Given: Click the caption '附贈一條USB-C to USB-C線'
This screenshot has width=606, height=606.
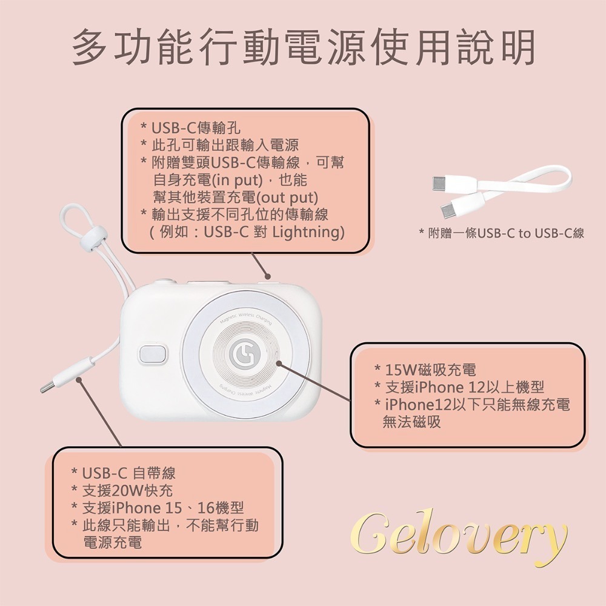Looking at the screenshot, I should point(502,233).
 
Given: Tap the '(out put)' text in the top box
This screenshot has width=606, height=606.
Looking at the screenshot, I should point(288,197).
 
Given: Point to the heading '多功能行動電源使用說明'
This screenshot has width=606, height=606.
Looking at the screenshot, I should point(303,47).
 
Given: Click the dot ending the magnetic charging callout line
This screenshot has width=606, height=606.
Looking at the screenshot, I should point(279,364).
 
